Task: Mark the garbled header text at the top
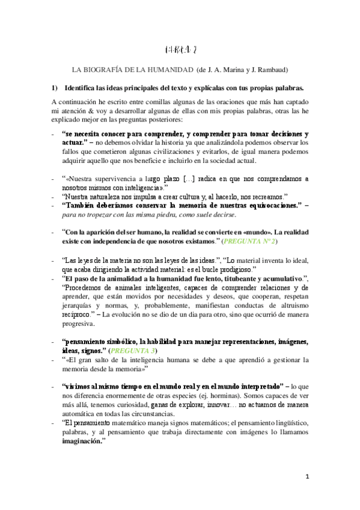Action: [179, 48]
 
